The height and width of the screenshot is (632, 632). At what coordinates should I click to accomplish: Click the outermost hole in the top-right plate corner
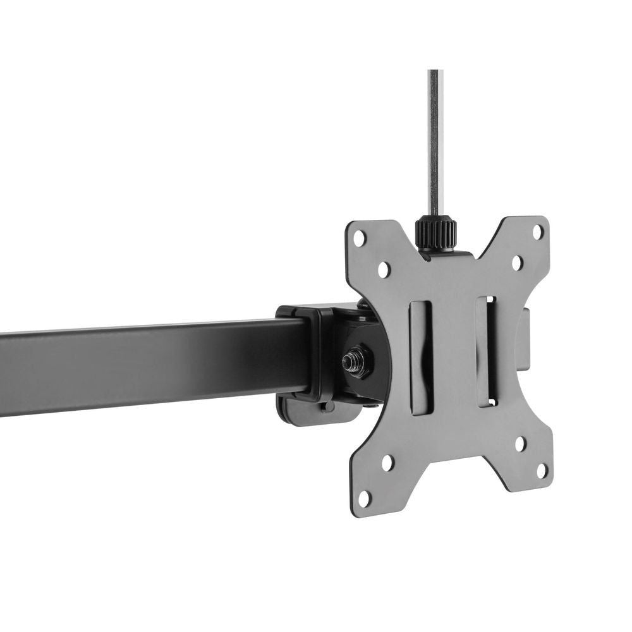537,231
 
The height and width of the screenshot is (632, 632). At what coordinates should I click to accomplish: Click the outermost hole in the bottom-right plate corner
542,471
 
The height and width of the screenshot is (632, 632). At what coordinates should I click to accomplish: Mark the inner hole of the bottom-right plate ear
520,443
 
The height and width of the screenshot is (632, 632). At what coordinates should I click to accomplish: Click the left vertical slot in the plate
420,357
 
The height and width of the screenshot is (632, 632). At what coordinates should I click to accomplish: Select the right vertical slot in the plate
487,351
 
